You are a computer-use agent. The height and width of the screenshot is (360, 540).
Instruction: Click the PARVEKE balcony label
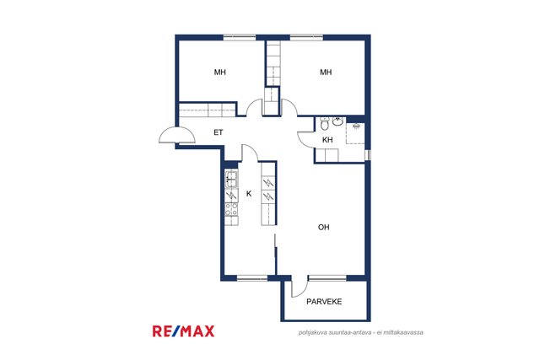pos(324,302)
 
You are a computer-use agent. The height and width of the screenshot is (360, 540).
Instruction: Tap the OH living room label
pos(324,227)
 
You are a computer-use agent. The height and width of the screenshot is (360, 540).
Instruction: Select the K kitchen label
pos(249,194)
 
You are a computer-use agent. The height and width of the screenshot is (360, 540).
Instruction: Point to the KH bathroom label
pos(327,140)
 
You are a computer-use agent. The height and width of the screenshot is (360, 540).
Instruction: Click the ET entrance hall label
pos(219,132)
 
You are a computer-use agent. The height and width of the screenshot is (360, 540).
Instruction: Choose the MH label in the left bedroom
pos(219,73)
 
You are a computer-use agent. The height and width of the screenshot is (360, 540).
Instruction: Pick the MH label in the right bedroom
pos(326,73)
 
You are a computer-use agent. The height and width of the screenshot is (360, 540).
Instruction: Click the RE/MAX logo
pos(184,331)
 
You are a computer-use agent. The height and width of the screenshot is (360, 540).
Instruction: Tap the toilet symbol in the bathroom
pos(324,124)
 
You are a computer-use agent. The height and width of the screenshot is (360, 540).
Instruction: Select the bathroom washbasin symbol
pos(337,121)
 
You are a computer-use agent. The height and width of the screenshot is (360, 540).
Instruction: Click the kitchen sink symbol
pos(231,179)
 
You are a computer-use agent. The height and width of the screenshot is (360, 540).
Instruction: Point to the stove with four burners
pos(231,209)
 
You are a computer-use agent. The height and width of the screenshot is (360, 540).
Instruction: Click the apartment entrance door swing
pos(177,136)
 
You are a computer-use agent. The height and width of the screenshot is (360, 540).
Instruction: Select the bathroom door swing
pos(305,139)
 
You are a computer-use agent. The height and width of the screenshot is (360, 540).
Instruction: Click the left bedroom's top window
pos(240,37)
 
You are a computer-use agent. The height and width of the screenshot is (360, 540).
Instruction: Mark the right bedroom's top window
pos(306,37)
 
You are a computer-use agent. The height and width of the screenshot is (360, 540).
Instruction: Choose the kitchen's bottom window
pos(252,278)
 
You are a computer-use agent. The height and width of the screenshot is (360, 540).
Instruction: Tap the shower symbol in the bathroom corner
pos(356,133)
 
